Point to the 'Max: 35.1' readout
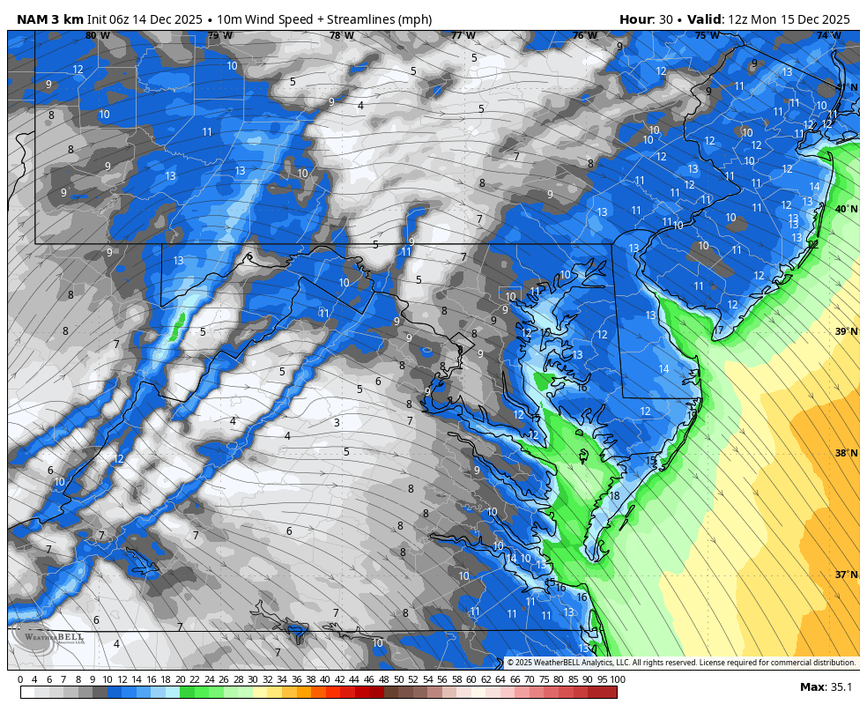[826, 687]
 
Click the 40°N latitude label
[845, 209]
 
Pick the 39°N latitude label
[845, 331]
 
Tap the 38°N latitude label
[845, 453]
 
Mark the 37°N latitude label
[845, 575]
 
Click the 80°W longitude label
[97, 36]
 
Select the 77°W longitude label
[463, 36]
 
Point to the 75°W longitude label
[706, 36]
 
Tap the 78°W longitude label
[341, 36]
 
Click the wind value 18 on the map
[614, 496]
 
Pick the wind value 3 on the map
[337, 423]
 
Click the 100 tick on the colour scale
[618, 679]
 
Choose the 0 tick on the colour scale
[20, 679]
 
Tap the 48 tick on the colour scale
[383, 679]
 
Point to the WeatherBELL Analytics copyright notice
[680, 663]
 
